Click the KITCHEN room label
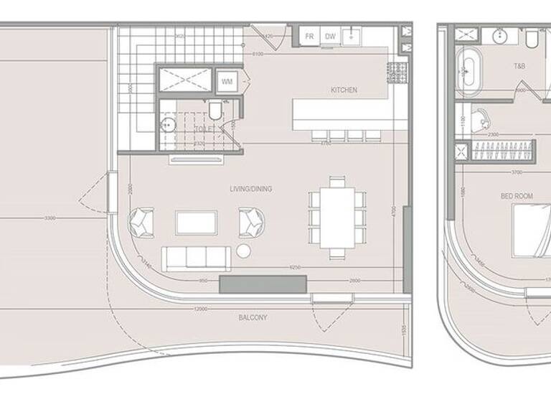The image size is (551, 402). coord(344,90)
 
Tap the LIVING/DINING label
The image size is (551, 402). coord(250,189)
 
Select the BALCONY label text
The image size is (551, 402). coord(253,317)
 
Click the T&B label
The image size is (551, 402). coord(519,66)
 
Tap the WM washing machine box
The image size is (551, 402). coord(227,81)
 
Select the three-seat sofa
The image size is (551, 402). coord(196,258)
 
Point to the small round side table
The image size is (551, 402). coord(244,251)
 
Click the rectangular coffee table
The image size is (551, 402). coord(196,223)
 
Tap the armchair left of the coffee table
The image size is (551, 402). coord(141,220)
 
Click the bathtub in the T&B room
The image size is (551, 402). coord(470,72)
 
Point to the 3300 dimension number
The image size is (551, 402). coord(50,218)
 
